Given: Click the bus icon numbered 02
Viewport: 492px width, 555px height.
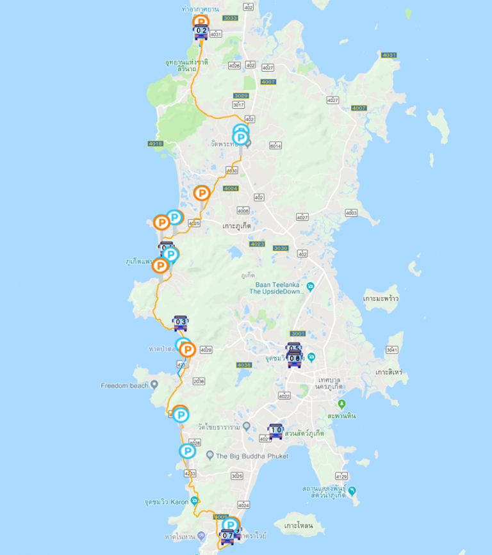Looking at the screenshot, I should point(201,31).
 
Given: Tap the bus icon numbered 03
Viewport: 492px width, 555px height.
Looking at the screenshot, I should point(181,323).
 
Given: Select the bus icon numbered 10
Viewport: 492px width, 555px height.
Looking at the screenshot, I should point(275,431).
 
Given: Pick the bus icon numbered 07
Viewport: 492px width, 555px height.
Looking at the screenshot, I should point(227,536).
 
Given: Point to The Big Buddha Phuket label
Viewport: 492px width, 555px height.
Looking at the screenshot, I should point(252,456).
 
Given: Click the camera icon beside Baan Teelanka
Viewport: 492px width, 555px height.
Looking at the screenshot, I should point(310,286).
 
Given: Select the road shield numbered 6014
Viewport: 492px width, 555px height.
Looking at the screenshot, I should point(275,146).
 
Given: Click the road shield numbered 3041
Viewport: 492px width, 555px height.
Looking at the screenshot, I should point(392,350).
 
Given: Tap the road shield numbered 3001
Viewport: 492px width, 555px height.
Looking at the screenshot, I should point(298,334).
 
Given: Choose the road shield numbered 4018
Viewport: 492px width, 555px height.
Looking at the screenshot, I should point(155,143).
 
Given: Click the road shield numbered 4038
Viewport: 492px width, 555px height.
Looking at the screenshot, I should point(244,365).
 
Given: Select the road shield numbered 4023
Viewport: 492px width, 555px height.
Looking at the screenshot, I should point(257,244).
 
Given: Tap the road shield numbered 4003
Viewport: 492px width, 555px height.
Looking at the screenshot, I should point(350,213).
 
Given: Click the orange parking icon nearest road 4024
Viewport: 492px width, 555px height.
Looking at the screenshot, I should point(202,192).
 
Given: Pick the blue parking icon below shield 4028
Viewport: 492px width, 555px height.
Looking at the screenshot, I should point(187,451).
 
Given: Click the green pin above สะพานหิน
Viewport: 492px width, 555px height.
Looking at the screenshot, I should point(341,405).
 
